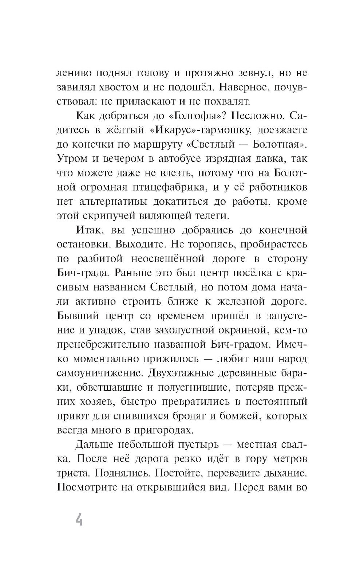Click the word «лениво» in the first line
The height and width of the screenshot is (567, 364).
pyautogui.click(x=75, y=73)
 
